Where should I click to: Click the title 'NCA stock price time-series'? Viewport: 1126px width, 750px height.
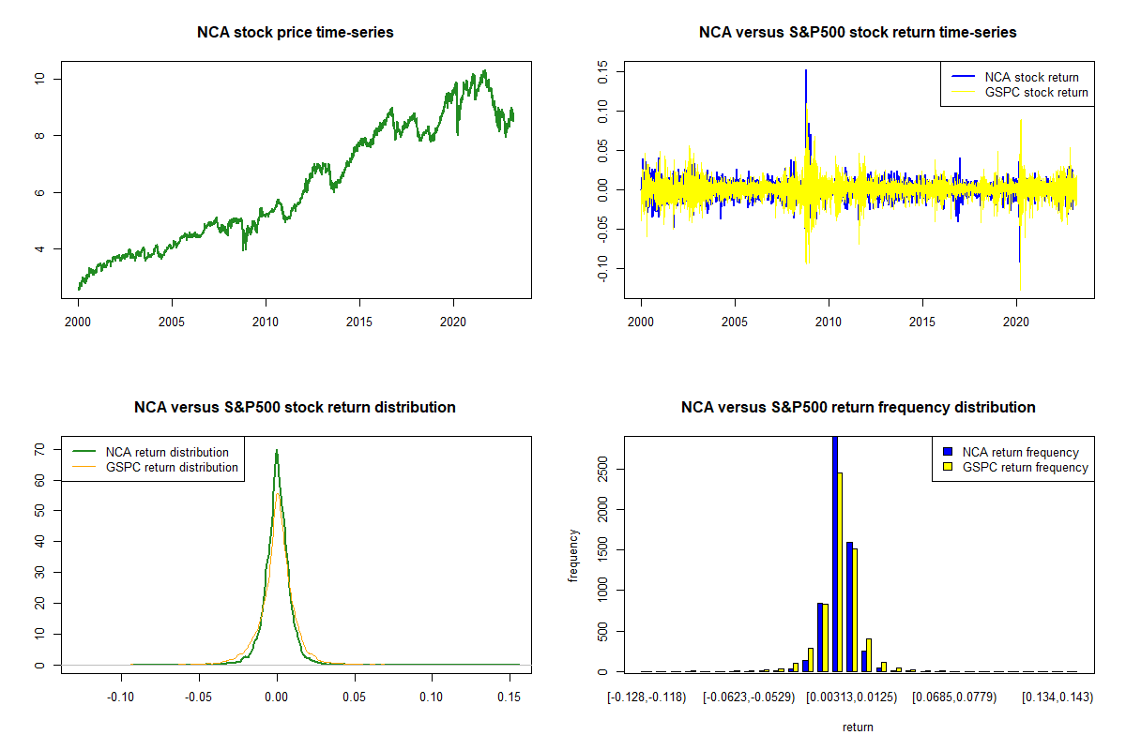click(x=295, y=33)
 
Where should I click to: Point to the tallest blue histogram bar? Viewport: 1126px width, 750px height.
click(x=835, y=553)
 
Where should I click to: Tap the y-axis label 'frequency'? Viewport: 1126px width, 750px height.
click(x=573, y=555)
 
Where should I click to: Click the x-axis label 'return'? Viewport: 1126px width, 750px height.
click(x=858, y=727)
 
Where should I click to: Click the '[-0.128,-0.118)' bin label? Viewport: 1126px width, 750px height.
click(x=647, y=697)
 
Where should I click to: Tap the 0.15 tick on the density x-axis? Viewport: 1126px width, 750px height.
click(x=508, y=697)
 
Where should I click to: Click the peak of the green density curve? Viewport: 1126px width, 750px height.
click(x=277, y=450)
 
